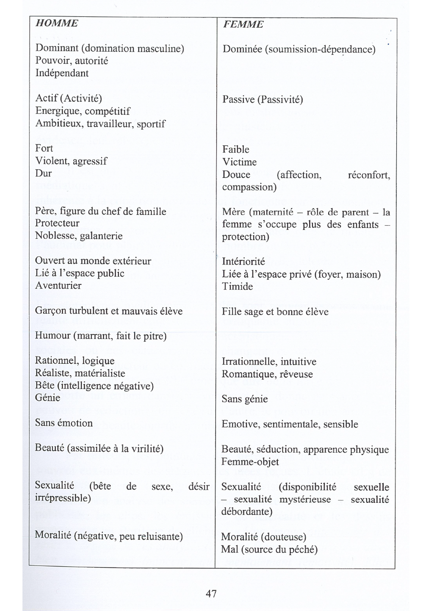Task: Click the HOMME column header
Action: pos(57,23)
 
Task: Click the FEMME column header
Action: pos(243,25)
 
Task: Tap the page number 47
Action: pos(211,593)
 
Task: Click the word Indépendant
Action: pos(62,73)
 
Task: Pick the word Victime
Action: pos(239,162)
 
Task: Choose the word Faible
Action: pos(236,149)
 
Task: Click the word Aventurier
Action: pos(58,285)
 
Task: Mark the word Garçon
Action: pos(51,311)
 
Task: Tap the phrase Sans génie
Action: pos(245,399)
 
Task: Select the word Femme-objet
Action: pos(250,461)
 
